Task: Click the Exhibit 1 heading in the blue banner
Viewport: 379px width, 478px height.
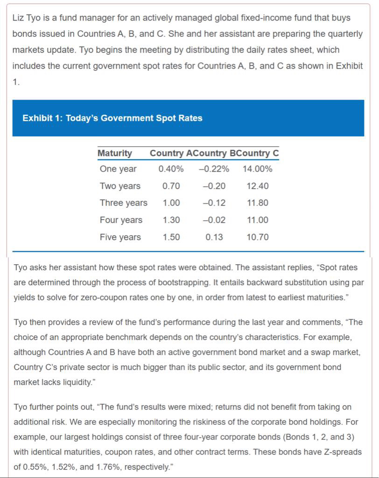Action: [112, 118]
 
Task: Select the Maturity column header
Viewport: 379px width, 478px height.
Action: [115, 153]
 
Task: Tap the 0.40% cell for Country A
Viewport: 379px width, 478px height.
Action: [171, 169]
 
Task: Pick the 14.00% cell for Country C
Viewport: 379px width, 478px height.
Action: [257, 169]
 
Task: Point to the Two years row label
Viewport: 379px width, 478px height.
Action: [120, 186]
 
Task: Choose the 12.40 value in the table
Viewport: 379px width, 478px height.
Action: [257, 186]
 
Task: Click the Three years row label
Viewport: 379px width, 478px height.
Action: [123, 203]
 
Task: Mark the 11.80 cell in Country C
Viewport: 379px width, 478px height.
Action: [257, 203]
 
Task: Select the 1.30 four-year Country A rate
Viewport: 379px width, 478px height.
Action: [171, 220]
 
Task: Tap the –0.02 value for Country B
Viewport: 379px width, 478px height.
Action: [214, 220]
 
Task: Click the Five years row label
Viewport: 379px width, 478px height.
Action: [120, 237]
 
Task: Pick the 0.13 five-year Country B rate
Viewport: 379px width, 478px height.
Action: [214, 237]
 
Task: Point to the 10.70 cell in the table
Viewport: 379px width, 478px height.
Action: [257, 237]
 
